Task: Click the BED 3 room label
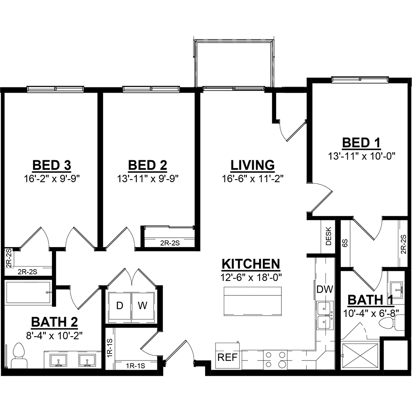click(x=52, y=166)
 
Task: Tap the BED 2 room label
click(x=147, y=166)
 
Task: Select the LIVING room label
click(x=253, y=166)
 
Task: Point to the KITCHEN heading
click(x=251, y=264)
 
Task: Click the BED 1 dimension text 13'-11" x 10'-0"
click(x=362, y=157)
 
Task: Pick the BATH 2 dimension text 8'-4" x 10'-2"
click(x=54, y=335)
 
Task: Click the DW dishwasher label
click(x=325, y=290)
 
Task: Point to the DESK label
click(x=329, y=236)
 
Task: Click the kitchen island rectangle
click(x=253, y=302)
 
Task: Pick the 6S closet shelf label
click(x=345, y=243)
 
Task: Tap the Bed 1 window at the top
click(x=360, y=79)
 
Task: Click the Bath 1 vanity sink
click(x=396, y=290)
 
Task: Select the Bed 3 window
click(x=56, y=89)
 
